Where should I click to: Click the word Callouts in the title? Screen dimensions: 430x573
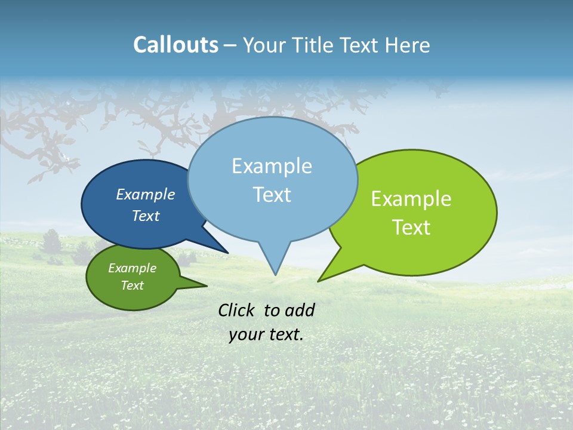point(175,45)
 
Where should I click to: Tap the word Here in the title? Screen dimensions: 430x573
point(406,45)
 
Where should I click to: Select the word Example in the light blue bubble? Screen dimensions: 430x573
point(272,166)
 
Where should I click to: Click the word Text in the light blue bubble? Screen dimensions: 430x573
point(272,195)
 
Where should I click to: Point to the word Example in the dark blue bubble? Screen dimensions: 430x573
point(145,194)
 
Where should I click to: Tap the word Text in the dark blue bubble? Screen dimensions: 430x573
point(145,216)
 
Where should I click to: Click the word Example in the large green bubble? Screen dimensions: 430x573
point(411,199)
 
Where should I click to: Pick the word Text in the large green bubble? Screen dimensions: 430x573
point(411,228)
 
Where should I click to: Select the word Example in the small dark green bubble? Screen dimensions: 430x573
point(132,268)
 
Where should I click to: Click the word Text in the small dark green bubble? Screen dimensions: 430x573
point(132,285)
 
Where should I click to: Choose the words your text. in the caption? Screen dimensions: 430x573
point(266,335)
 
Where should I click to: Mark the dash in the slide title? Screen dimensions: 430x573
point(230,45)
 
